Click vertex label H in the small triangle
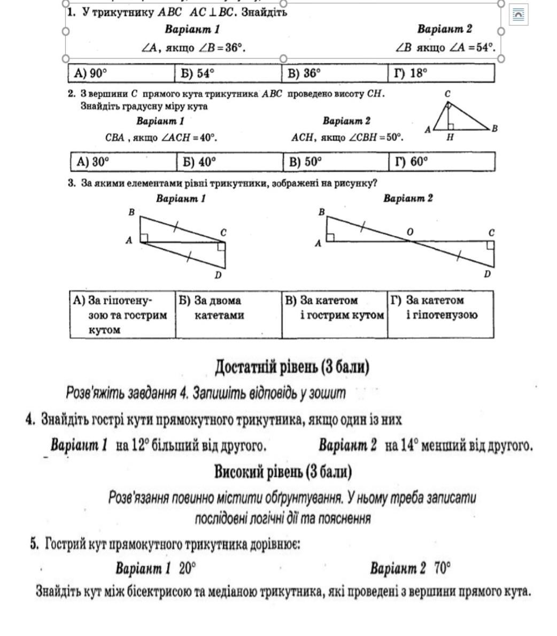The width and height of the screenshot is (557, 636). (x=450, y=137)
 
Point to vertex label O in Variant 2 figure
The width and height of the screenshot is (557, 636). (x=410, y=232)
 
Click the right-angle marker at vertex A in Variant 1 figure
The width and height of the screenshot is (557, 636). (x=144, y=238)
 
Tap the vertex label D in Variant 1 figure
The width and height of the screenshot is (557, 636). (x=218, y=275)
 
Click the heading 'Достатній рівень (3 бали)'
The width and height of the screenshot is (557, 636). (x=292, y=367)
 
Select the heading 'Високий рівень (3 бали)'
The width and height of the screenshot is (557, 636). (x=283, y=472)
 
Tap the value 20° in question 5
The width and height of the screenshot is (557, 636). (x=187, y=568)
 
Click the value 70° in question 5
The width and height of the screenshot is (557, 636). (x=442, y=568)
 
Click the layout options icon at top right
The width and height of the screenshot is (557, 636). (x=518, y=15)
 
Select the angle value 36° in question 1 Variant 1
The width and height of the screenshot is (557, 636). (x=234, y=48)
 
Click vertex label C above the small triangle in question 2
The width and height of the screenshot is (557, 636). (x=447, y=94)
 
